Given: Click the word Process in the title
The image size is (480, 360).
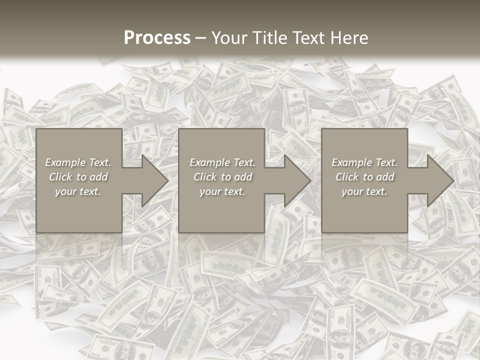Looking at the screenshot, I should coord(157,38).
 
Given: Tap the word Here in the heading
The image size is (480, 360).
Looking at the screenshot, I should coord(349,38).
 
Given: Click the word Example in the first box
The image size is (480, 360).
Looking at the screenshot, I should coord(65,162).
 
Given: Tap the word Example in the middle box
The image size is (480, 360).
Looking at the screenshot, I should coord(209,162).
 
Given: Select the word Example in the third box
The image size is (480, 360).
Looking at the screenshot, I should coord(351,162).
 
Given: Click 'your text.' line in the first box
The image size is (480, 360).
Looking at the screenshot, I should coord(78,191).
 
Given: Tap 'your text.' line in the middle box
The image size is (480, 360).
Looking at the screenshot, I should coord(222,191).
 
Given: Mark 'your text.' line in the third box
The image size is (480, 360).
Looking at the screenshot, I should coord(364,191).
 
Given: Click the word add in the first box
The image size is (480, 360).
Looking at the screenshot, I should coord(98,177).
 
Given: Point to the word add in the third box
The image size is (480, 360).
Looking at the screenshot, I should coord(385,177).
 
